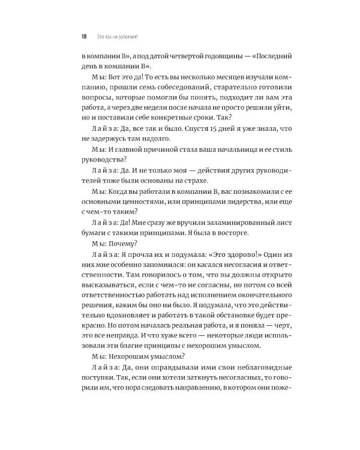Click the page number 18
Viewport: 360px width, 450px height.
(83, 35)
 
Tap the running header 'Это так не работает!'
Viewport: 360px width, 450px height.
(117, 35)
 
